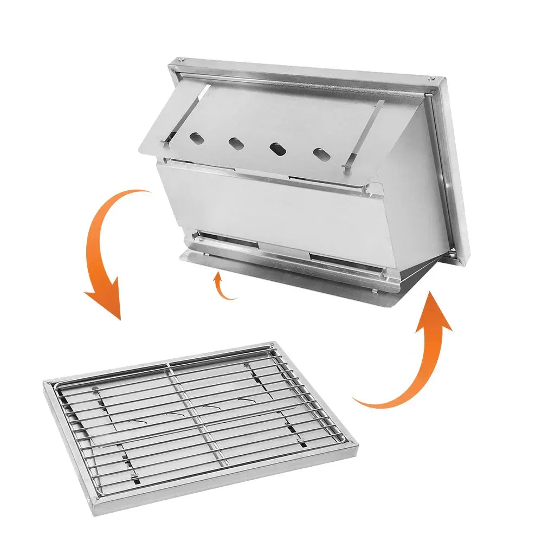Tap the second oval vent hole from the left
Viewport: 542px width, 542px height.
[236, 143]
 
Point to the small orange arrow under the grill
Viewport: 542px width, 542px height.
[222, 285]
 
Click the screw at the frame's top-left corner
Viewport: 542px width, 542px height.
[182, 61]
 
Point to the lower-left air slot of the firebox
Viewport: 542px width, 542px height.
[228, 238]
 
